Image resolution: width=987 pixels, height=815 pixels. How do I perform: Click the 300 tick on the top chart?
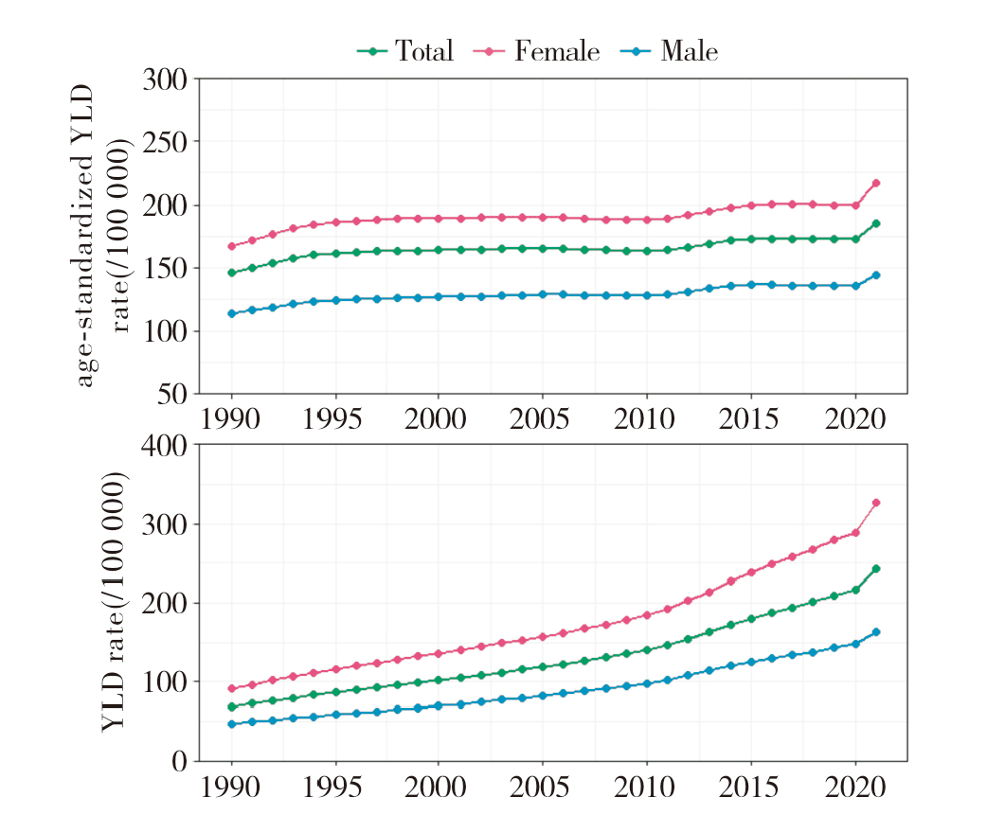[165, 79]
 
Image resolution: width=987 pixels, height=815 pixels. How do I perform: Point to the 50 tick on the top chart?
[174, 394]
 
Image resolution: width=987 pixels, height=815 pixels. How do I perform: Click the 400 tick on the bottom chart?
[165, 445]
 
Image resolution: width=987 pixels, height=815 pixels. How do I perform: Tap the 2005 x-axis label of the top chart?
[542, 417]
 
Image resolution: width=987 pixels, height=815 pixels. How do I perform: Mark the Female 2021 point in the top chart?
[876, 183]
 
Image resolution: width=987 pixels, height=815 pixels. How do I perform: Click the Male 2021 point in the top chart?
[876, 275]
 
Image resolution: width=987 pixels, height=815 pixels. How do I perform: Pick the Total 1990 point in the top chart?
[232, 273]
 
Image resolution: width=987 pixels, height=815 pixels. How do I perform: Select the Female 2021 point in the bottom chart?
[876, 503]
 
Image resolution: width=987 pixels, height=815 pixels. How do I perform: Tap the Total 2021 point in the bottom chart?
[876, 569]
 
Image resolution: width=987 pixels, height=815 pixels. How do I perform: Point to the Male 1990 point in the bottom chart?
[232, 724]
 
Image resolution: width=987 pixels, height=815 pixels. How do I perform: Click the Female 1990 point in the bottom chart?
[232, 689]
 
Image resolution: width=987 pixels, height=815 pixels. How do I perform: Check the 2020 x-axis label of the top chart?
[854, 417]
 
